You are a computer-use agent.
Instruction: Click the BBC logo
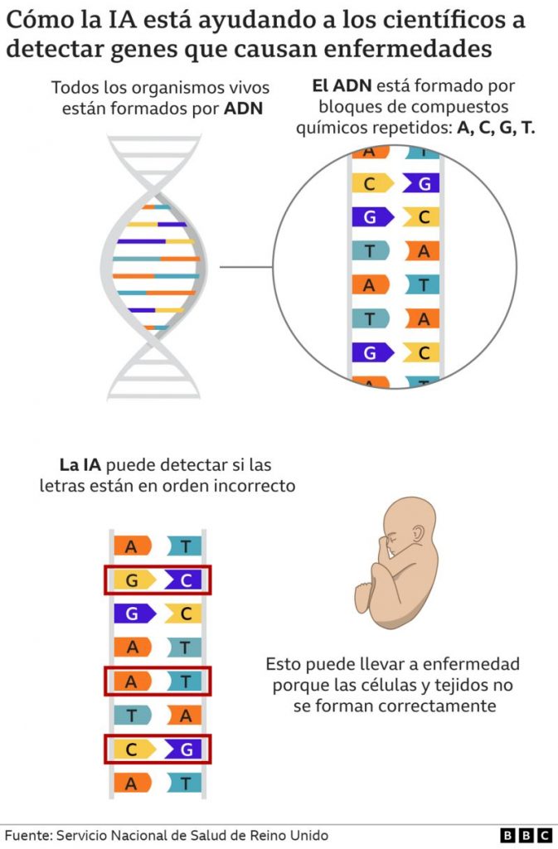[526, 835]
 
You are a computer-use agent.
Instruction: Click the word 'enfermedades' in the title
[408, 48]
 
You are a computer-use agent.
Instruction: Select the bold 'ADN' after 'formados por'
[244, 109]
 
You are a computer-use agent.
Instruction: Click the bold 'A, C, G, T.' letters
[496, 128]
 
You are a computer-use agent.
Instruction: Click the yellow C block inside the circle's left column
[372, 183]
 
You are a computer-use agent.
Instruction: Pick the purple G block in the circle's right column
[421, 183]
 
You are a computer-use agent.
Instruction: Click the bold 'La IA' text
[80, 464]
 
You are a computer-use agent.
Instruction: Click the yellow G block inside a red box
[134, 580]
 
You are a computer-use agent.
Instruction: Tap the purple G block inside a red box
[183, 750]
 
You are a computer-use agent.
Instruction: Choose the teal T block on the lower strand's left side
[132, 716]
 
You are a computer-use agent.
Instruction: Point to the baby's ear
[418, 535]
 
